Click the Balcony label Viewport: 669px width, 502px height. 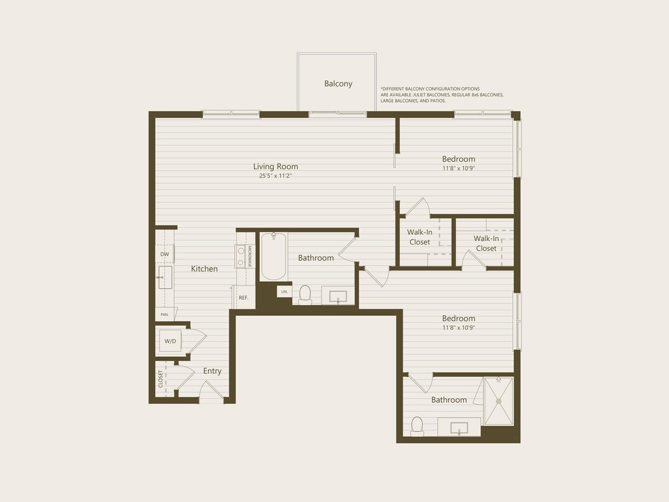point(338,84)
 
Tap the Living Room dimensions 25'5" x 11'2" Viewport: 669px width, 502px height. point(275,175)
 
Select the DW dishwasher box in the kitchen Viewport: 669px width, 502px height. point(165,254)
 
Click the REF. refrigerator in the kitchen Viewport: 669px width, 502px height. point(243,297)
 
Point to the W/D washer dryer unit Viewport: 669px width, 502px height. point(170,341)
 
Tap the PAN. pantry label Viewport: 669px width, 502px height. point(164,314)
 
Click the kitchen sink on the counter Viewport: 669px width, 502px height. point(164,277)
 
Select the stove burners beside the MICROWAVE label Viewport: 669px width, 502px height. point(241,256)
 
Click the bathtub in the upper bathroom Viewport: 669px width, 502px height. point(274,256)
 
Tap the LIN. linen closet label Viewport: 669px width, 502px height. point(284,291)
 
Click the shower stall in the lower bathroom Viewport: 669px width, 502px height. point(498,401)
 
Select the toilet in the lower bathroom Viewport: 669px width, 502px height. point(417,425)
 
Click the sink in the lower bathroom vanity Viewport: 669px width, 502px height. point(458,428)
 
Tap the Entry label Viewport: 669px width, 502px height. point(212,371)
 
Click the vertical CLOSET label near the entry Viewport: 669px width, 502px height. point(161,379)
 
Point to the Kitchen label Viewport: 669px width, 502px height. point(204,269)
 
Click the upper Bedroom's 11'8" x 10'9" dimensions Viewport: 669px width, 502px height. point(458,168)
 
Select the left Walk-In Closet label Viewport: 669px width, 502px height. point(419,237)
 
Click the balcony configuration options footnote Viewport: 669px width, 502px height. point(442,95)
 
